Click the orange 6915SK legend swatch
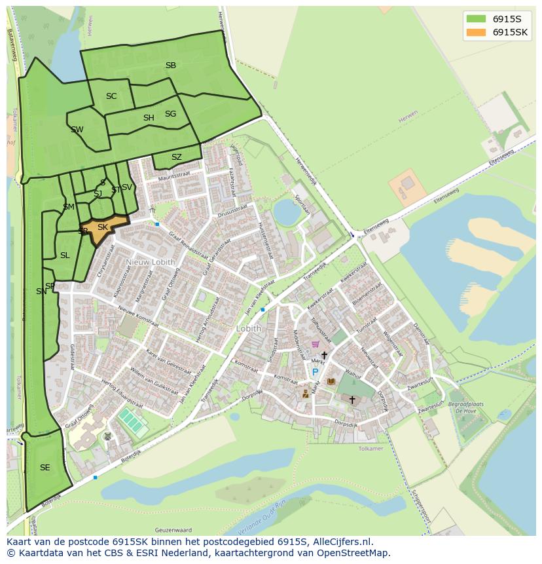click(476, 32)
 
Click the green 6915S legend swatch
click(476, 18)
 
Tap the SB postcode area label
click(171, 66)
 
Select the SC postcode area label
click(111, 96)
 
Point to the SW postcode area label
click(77, 130)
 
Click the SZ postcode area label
click(177, 157)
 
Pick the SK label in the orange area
click(103, 227)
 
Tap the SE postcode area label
click(45, 468)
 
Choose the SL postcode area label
click(65, 255)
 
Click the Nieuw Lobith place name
click(151, 263)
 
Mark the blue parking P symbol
click(315, 372)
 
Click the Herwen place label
click(407, 121)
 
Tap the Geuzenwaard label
click(173, 529)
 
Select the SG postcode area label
click(170, 114)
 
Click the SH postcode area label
click(149, 118)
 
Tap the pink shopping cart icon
click(315, 343)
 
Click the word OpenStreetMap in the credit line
click(353, 553)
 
